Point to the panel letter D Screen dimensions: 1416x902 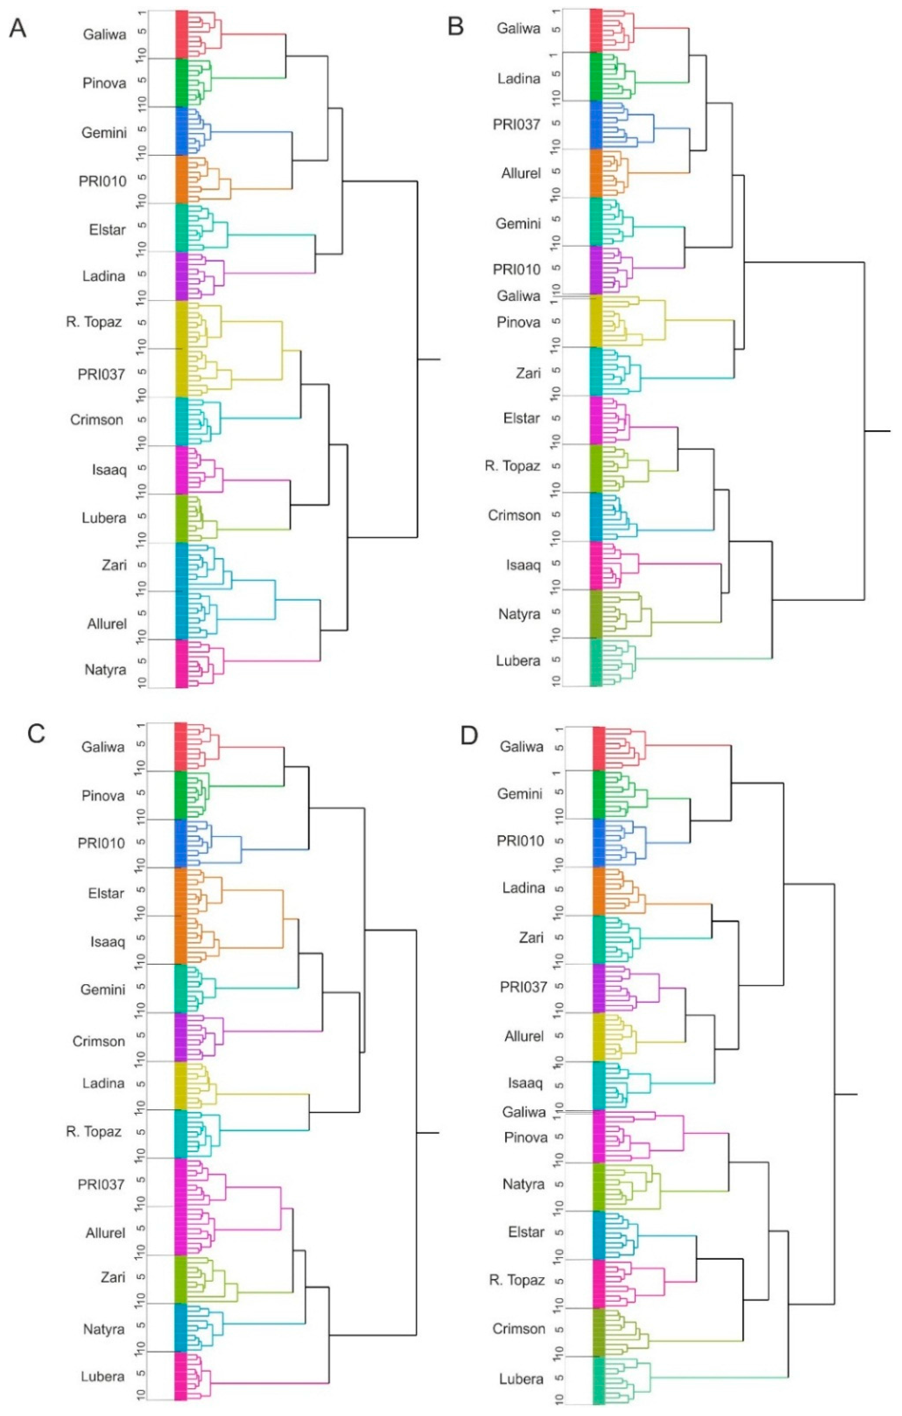pos(469,736)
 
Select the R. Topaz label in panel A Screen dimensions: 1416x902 pos(94,322)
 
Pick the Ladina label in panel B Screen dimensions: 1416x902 pos(518,78)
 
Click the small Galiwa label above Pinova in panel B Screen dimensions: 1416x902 pos(518,296)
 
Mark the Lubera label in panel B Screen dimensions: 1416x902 pos(518,660)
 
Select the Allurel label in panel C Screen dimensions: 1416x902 pos(105,1233)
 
